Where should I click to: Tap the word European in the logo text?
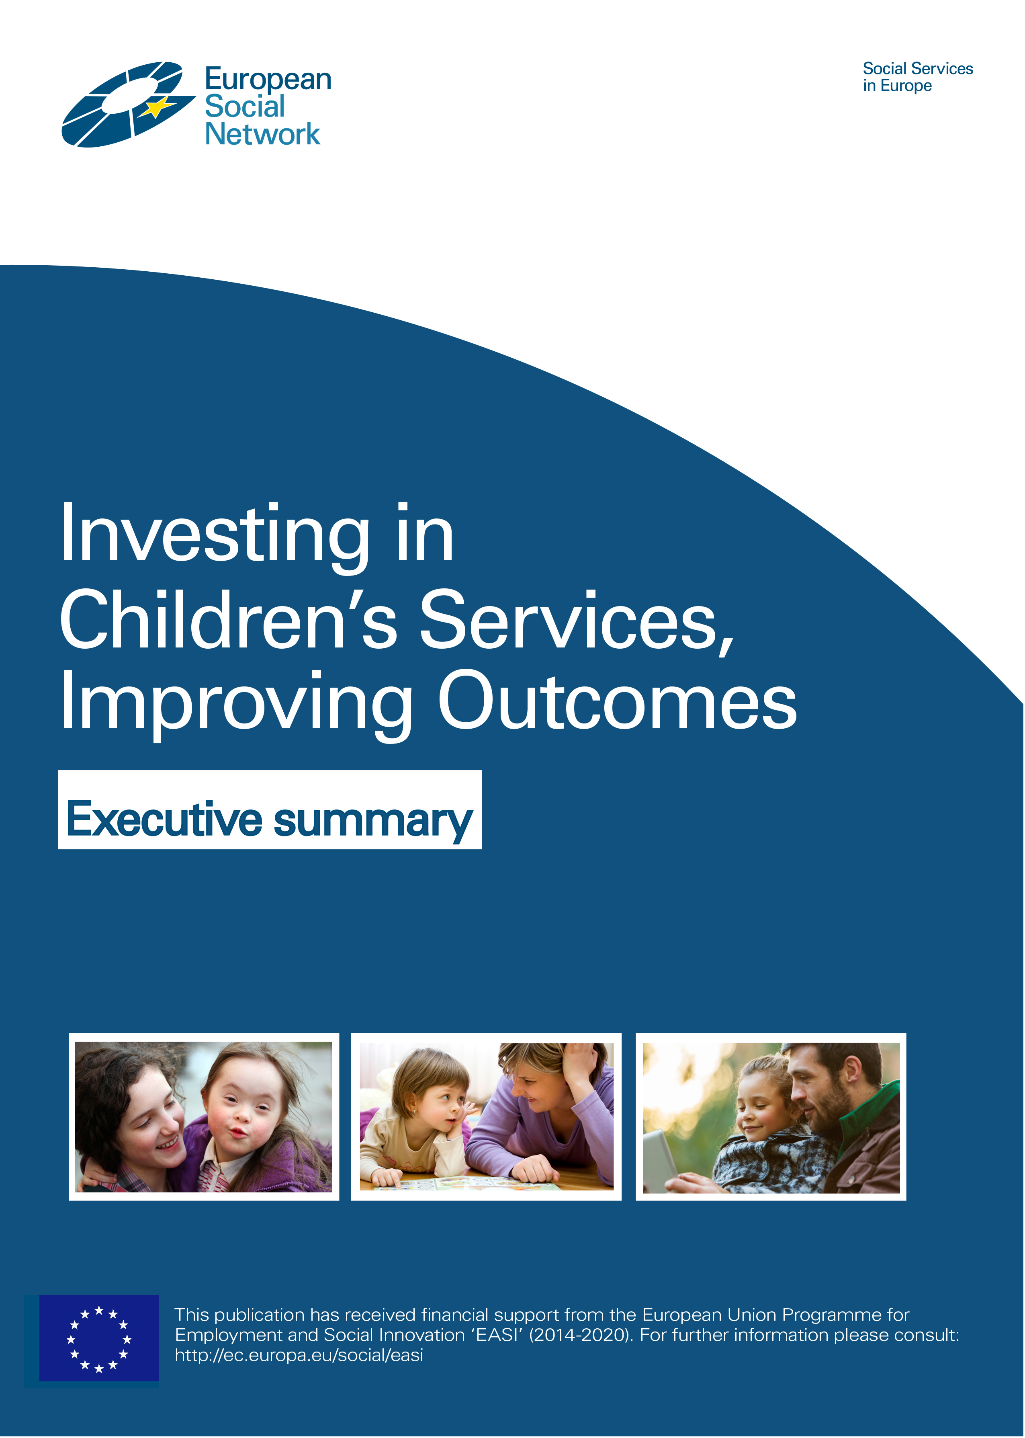pos(268,80)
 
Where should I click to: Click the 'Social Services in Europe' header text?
pos(918,77)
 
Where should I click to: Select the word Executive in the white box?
pos(164,819)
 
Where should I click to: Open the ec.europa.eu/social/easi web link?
pos(299,1355)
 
